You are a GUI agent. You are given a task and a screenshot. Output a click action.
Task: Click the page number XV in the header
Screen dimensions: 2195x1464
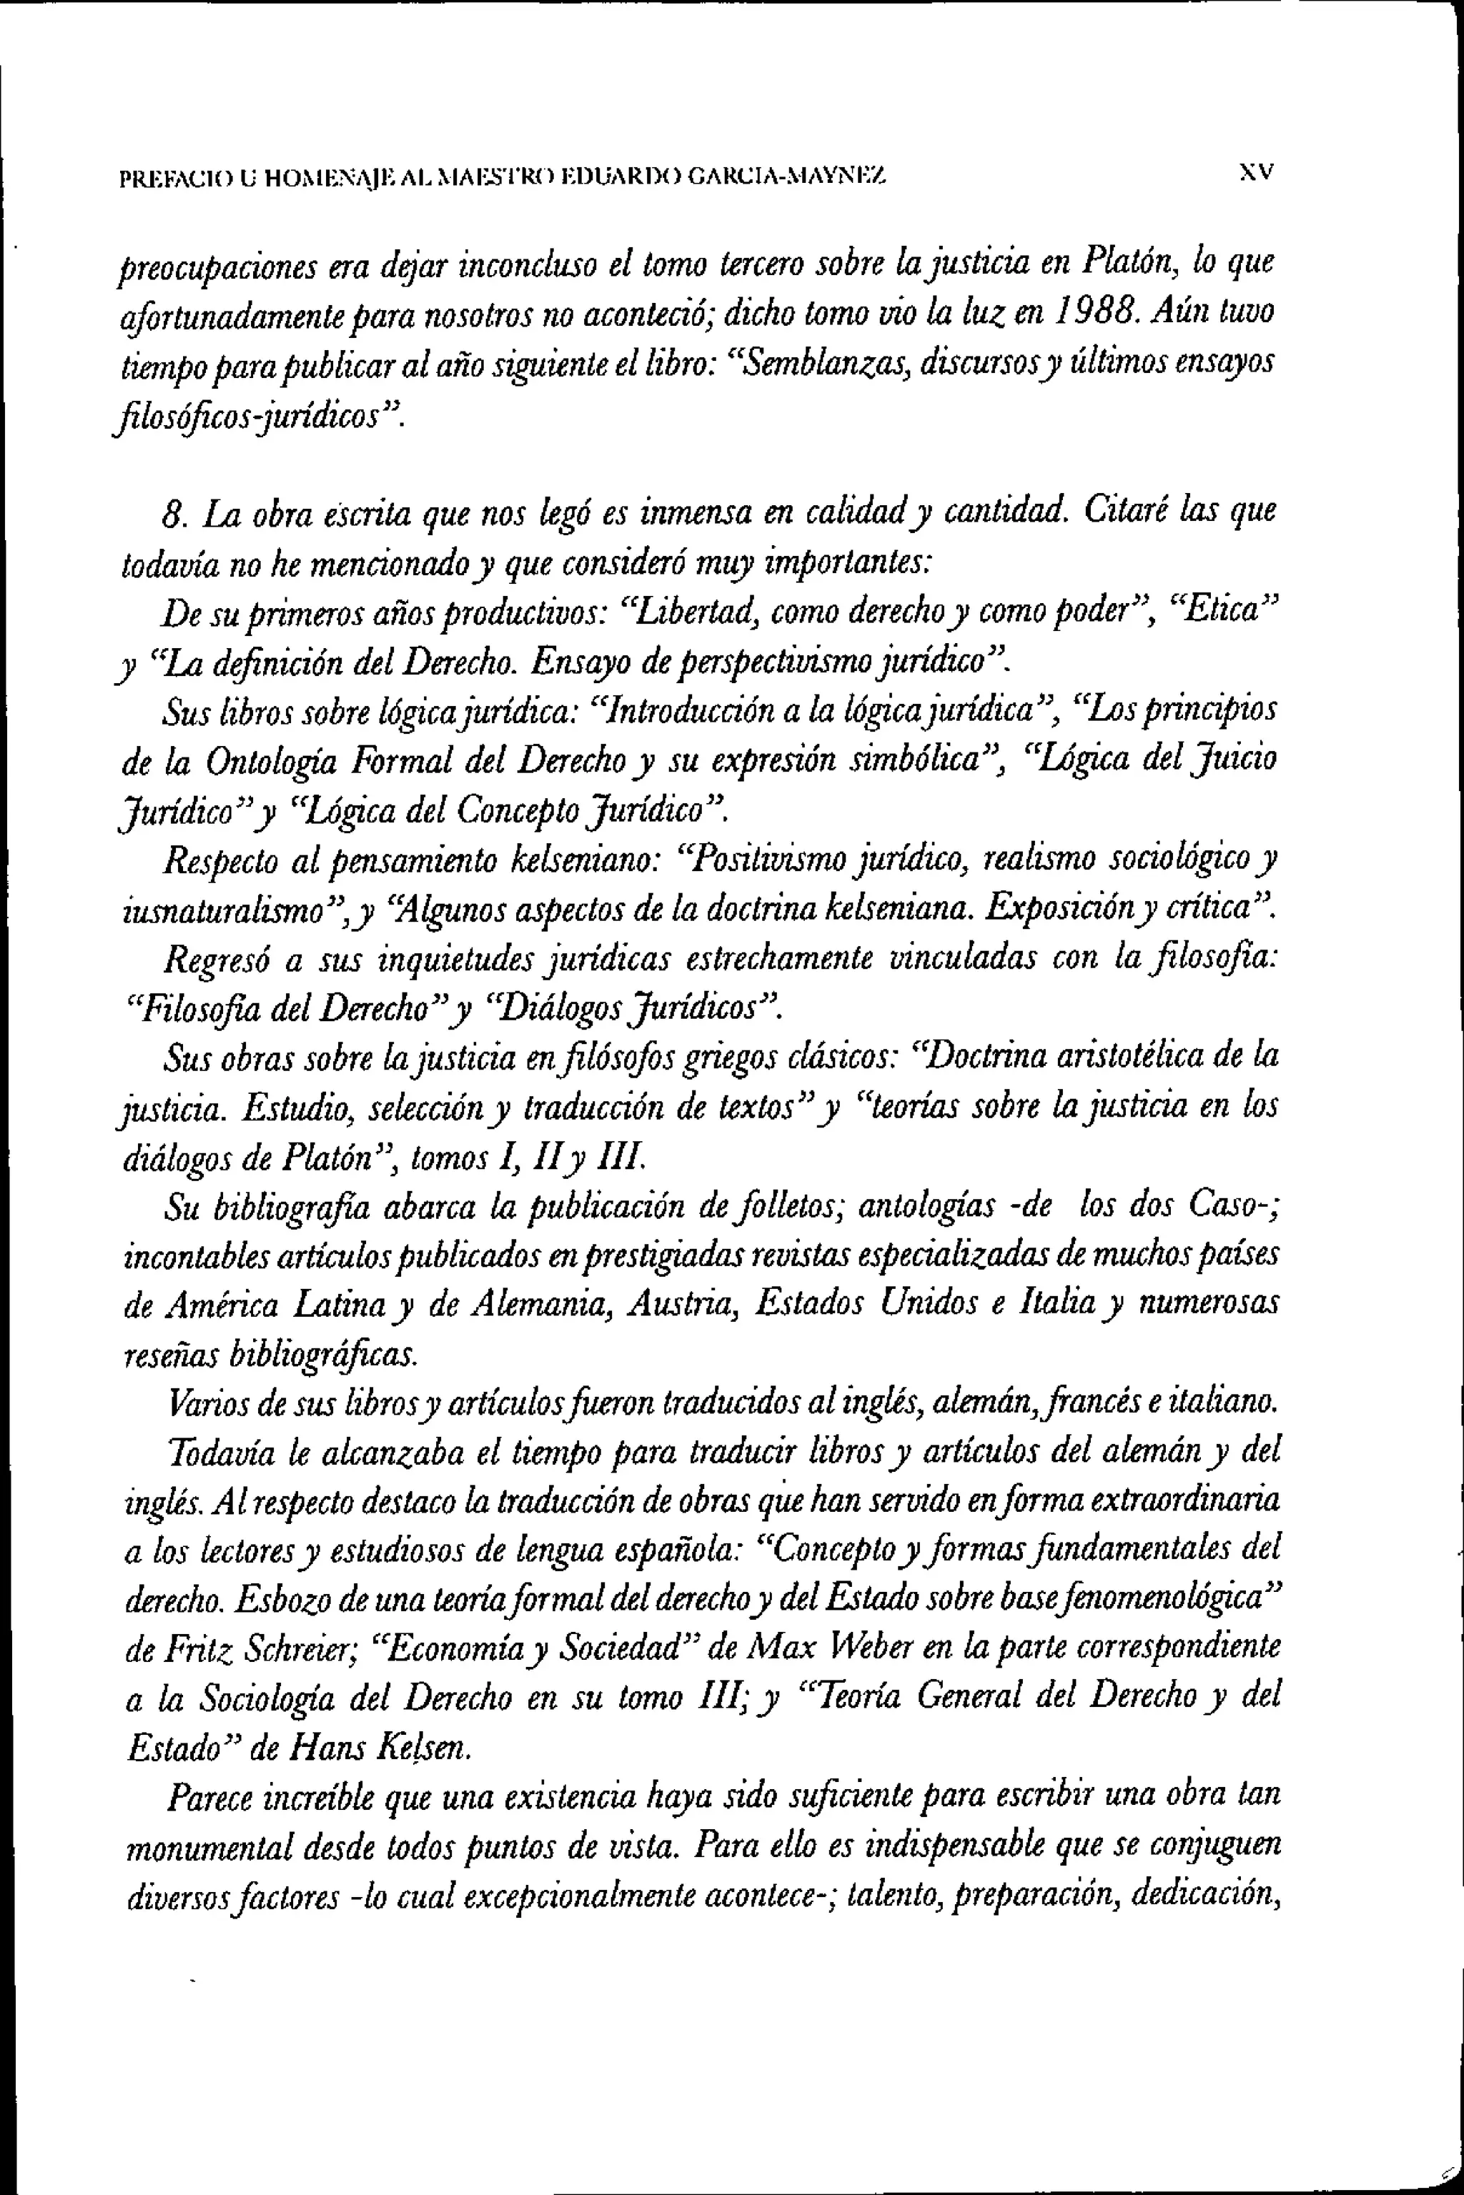click(x=1256, y=173)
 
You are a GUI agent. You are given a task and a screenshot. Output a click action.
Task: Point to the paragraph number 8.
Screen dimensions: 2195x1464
click(x=171, y=514)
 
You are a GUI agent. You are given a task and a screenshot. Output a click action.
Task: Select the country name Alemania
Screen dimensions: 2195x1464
click(x=544, y=1305)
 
